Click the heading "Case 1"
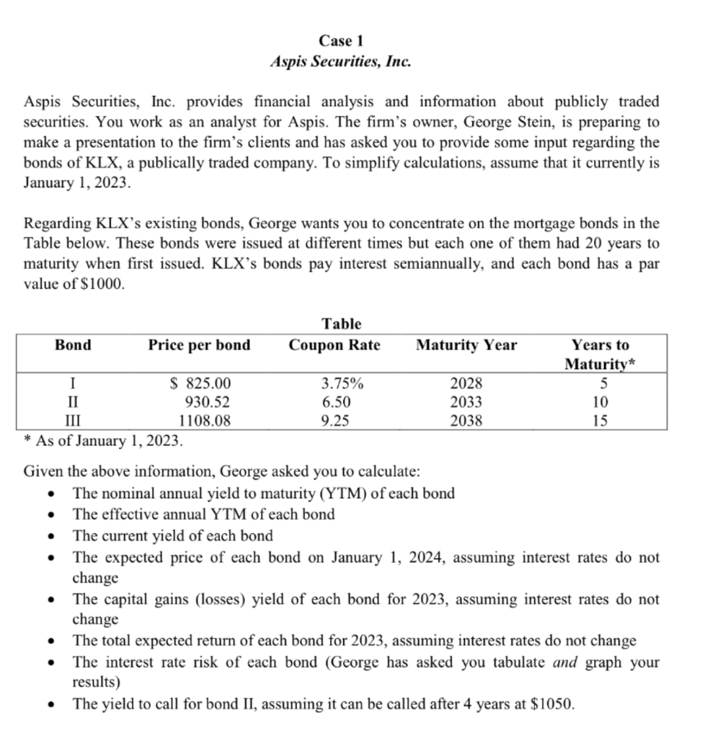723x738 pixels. (x=341, y=40)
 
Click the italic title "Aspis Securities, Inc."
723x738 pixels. (x=341, y=61)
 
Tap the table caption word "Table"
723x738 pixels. (x=342, y=324)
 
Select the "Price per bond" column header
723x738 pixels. (x=200, y=345)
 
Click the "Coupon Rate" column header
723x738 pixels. (x=334, y=345)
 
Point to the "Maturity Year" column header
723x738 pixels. (x=466, y=345)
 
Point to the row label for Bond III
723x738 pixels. (x=74, y=420)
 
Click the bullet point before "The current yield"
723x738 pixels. (x=50, y=536)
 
